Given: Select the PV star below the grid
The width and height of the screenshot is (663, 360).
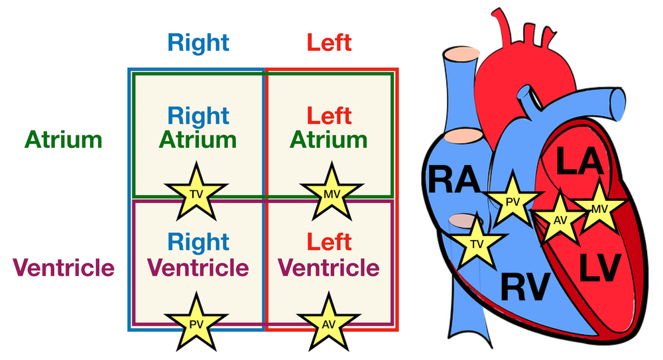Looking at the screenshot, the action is [196, 324].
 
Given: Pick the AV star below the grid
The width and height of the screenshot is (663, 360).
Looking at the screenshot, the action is [329, 324].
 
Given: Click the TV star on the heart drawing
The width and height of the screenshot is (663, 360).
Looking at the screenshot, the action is [477, 243].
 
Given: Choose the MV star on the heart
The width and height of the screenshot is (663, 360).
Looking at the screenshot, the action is [599, 208].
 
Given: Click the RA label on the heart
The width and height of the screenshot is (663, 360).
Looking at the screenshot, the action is [455, 180].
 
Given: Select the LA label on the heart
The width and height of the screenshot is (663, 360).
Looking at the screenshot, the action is [579, 160].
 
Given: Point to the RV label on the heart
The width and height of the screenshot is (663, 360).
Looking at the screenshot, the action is [525, 287].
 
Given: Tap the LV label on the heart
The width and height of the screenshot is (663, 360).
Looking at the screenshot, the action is [600, 267].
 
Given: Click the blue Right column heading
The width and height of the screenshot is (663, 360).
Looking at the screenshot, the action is [198, 42].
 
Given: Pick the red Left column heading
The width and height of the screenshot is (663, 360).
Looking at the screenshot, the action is [329, 42].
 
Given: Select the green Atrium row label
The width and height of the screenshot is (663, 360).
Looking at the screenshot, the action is [64, 140].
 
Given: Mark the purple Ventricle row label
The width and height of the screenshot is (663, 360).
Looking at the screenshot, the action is [64, 267].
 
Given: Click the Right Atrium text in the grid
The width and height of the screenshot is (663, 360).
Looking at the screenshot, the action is [198, 127].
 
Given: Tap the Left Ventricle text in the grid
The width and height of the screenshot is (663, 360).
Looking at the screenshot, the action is [329, 255].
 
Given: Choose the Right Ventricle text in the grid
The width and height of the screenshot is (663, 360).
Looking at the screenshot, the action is [198, 255].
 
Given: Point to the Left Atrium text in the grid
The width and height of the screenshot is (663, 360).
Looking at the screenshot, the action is [329, 127].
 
